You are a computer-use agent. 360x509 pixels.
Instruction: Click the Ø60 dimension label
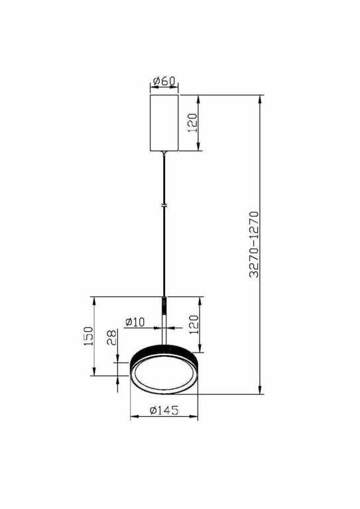(x=164, y=82)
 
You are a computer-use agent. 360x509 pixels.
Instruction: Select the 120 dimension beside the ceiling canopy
(x=193, y=123)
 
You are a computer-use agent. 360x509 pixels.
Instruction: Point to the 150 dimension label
(x=88, y=336)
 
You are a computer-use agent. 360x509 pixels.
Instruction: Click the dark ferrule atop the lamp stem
(x=164, y=306)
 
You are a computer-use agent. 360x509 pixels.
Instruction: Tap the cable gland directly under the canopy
(x=164, y=155)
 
